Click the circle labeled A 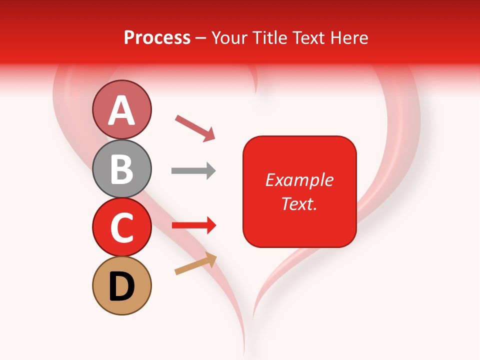pos(121,110)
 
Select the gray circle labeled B pos(121,168)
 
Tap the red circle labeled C pos(121,227)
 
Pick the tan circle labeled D pos(121,285)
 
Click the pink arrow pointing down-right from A pos(194,127)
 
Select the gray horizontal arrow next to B pos(193,171)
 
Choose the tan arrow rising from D pos(195,263)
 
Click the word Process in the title pos(157,37)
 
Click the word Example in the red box pos(299,180)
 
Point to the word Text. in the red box pos(299,203)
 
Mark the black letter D pos(121,286)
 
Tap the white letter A pos(121,110)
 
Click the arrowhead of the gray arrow pos(211,171)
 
